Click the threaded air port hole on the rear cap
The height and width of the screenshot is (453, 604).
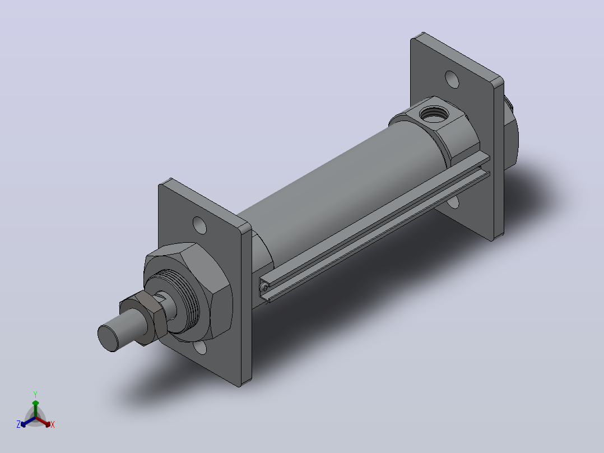coord(433,114)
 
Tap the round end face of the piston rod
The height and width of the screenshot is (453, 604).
coord(108,339)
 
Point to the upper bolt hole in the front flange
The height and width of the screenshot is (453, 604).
coord(199,225)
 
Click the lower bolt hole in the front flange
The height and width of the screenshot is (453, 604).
coord(201,348)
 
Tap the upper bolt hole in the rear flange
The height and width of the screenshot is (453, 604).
coord(452,79)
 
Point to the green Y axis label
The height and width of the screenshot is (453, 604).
coord(35,394)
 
